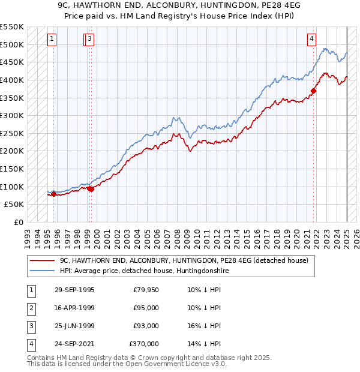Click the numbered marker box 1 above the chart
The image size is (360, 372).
52,40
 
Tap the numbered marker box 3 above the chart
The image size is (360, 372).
89,40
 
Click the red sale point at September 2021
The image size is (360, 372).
313,91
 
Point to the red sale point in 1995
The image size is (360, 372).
54,194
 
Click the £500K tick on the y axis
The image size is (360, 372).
12,44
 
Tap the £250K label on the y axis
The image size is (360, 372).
12,133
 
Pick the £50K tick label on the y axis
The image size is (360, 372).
14,204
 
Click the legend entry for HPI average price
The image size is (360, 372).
143,271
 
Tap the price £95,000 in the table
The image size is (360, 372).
146,308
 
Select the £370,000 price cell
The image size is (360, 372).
144,344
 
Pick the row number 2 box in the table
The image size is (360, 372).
30,308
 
